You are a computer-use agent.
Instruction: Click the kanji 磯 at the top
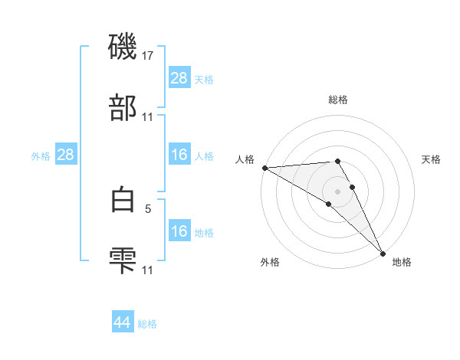123,47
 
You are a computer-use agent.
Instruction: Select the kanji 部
123,108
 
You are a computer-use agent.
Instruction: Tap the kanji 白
123,198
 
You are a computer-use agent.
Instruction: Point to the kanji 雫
123,260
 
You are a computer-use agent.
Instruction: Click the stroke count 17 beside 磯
148,56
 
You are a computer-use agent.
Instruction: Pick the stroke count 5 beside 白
149,208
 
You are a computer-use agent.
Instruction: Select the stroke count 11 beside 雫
148,270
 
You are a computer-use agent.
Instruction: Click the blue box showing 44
123,322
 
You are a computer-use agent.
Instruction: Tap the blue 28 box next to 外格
65,155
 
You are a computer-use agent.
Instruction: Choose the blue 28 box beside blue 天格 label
179,78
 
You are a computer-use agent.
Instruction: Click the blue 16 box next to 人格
179,155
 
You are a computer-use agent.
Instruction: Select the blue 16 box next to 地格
179,231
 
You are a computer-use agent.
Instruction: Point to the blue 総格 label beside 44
147,324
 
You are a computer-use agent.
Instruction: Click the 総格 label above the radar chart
338,100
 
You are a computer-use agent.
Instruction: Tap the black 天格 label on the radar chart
432,159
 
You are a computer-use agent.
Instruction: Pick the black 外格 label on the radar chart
270,262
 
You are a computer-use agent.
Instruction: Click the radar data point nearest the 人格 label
264,168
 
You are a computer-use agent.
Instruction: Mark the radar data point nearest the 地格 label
382,252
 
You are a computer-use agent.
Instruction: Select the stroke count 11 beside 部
148,117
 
